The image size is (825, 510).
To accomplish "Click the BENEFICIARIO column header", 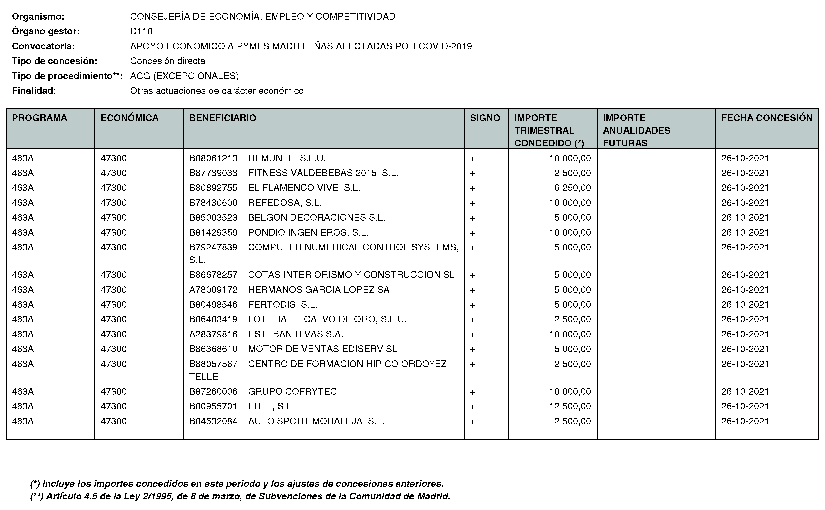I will pyautogui.click(x=223, y=118).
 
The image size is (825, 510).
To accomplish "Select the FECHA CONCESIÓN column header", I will pyautogui.click(x=767, y=118).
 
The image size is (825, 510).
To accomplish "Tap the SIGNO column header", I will pyautogui.click(x=485, y=118).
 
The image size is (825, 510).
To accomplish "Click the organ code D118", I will pyautogui.click(x=141, y=31).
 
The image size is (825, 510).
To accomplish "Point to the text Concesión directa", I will pyautogui.click(x=167, y=61).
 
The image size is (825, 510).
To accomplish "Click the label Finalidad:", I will pyautogui.click(x=34, y=91).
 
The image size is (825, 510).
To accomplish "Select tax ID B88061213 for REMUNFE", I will pyautogui.click(x=213, y=158).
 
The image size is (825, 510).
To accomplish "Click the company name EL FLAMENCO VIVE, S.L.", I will pyautogui.click(x=304, y=188).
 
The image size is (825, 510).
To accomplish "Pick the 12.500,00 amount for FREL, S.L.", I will pyautogui.click(x=570, y=406).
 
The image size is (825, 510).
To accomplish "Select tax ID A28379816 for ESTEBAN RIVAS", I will pyautogui.click(x=213, y=334).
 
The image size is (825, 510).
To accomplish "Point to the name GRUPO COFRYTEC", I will pyautogui.click(x=292, y=391).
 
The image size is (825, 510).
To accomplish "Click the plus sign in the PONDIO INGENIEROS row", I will pyautogui.click(x=473, y=233).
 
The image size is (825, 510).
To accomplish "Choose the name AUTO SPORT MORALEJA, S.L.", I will pyautogui.click(x=316, y=421).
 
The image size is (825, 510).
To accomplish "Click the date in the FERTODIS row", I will pyautogui.click(x=745, y=305).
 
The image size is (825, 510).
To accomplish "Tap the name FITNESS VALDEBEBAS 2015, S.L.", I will pyautogui.click(x=323, y=173).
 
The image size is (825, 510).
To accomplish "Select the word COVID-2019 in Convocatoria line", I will pyautogui.click(x=445, y=46).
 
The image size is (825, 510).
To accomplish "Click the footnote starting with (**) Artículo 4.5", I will pyautogui.click(x=240, y=496).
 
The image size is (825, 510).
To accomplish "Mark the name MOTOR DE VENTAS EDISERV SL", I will pyautogui.click(x=323, y=349).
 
